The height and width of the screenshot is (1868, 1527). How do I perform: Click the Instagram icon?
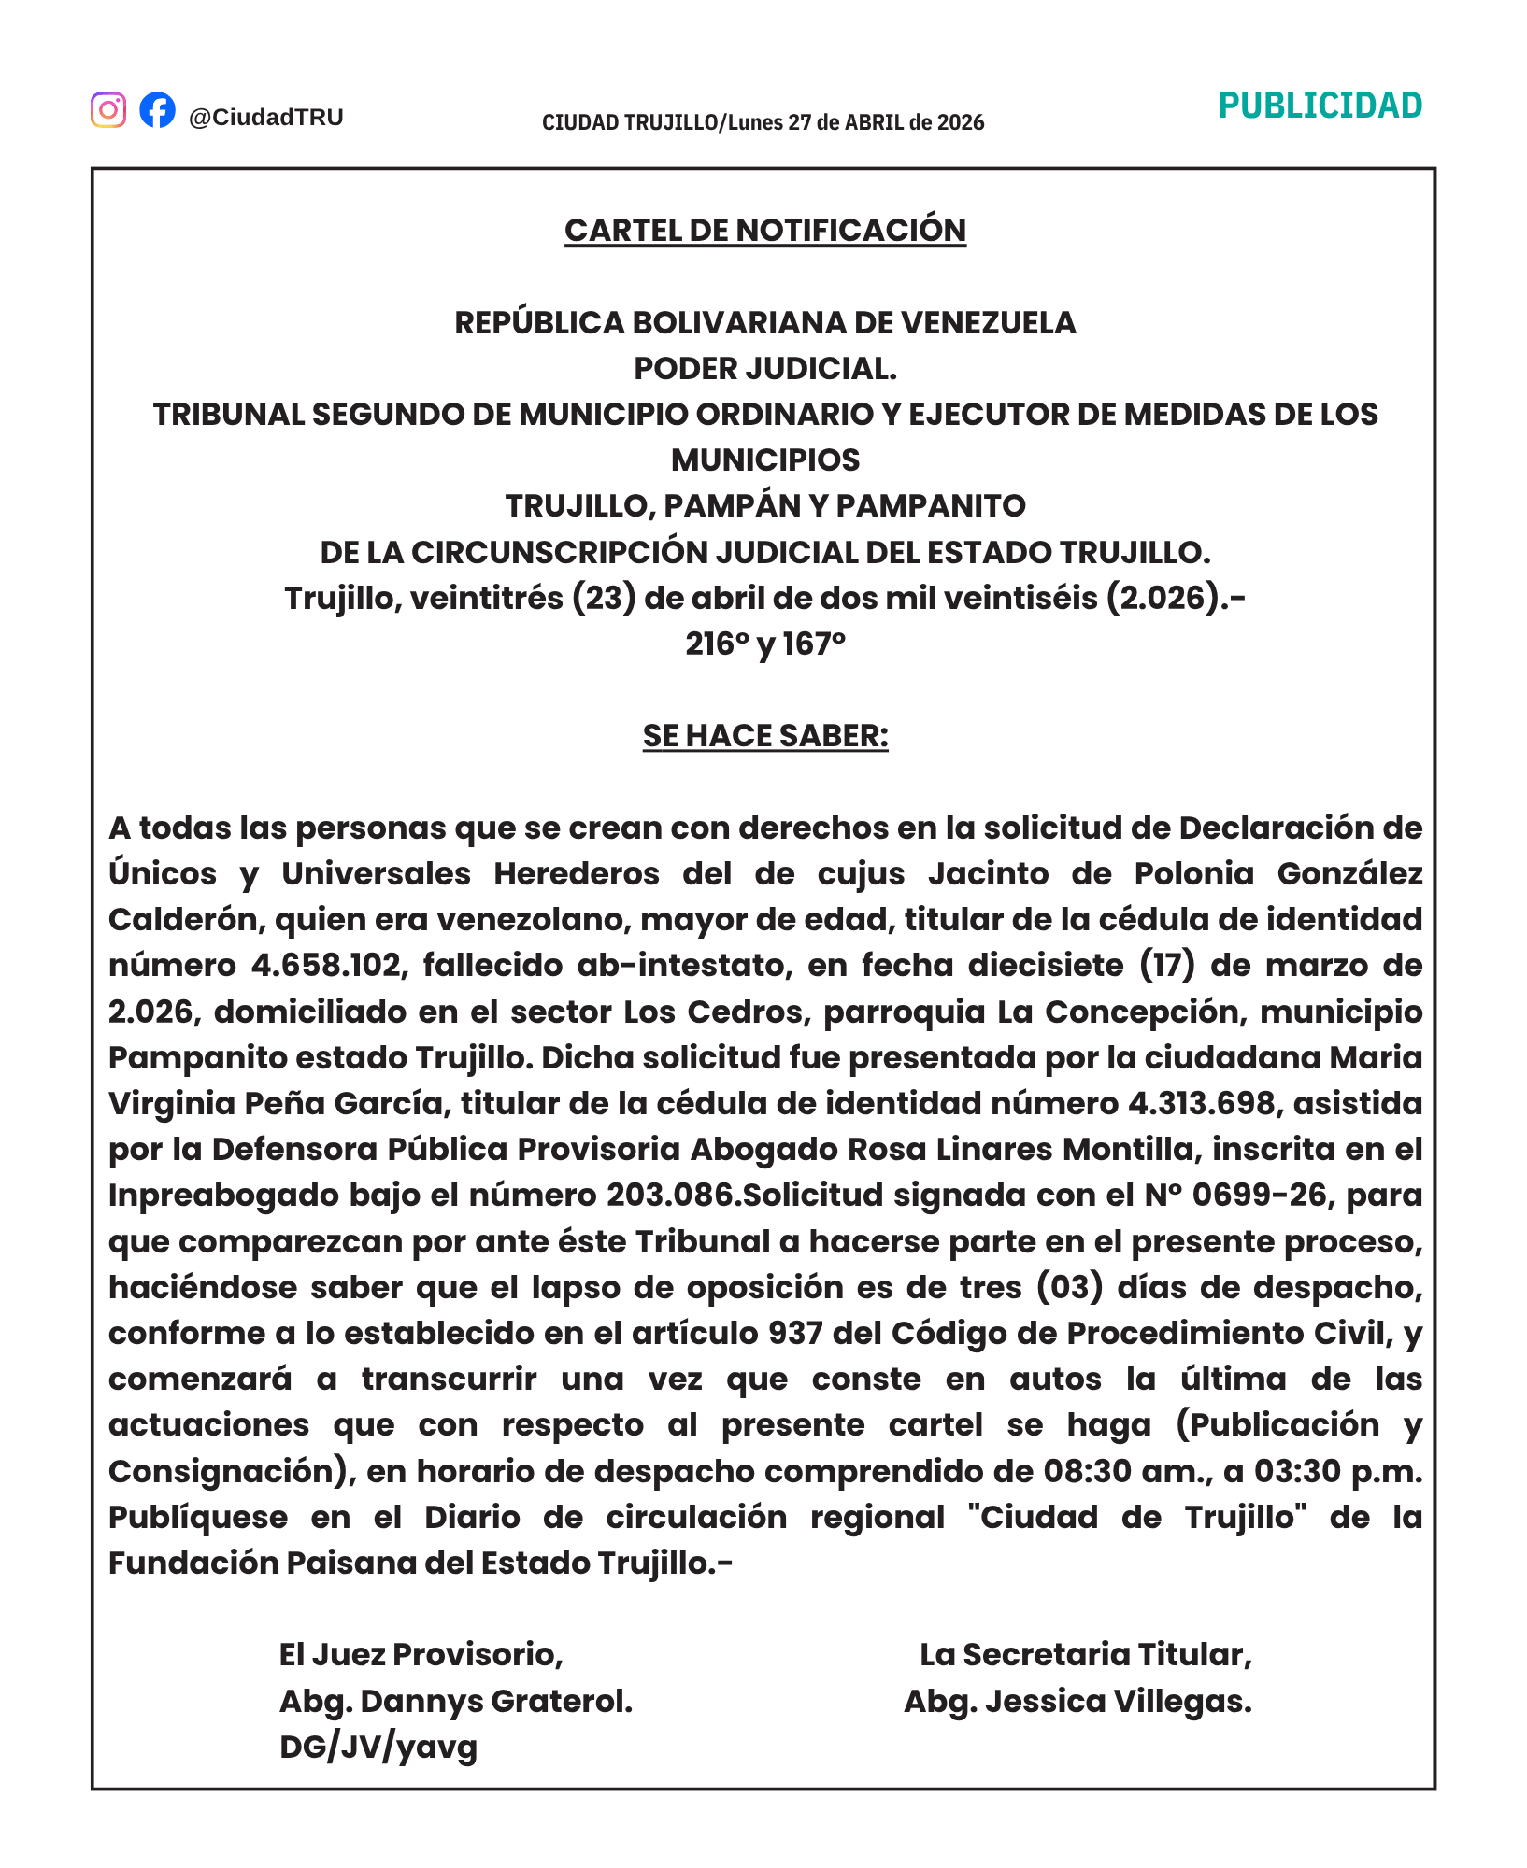(108, 110)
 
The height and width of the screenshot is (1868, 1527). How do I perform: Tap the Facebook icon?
(157, 109)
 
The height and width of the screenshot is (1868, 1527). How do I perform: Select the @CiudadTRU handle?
(266, 118)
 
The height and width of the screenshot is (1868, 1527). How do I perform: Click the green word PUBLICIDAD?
(1320, 106)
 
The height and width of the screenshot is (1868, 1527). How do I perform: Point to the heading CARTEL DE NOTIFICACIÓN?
(764, 231)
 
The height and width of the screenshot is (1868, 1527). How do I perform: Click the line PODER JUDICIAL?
(764, 369)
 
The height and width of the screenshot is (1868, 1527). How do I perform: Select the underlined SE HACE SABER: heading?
(764, 736)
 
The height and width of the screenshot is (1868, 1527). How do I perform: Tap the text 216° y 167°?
(764, 644)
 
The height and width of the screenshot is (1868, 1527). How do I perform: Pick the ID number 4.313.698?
(1201, 1103)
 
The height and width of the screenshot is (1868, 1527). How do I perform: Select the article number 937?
(795, 1333)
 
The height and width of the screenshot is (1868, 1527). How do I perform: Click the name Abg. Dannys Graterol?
(456, 1702)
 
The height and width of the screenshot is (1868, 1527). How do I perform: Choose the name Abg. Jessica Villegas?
(1077, 1702)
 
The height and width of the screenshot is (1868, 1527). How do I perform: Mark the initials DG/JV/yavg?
(378, 1747)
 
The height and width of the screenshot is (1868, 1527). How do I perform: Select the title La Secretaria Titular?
(1085, 1655)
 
